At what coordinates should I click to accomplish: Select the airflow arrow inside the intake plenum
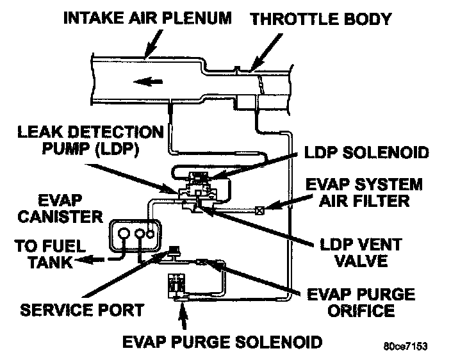pos(147,81)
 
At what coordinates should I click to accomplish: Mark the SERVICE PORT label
pos(81,309)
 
